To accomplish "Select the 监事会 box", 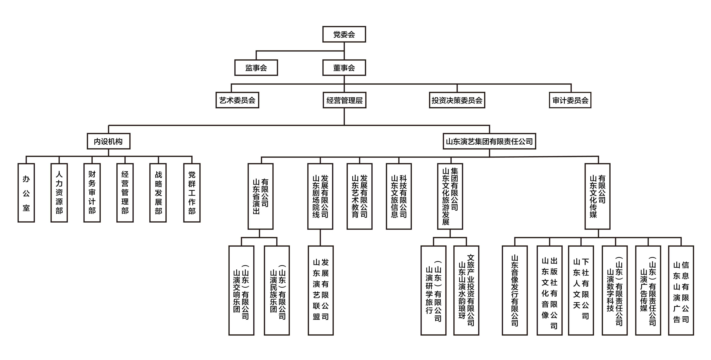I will click(256, 68).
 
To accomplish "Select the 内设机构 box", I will click(108, 141).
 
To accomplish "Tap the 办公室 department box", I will click(26, 193).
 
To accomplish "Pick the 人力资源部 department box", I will click(59, 193).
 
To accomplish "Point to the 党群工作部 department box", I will click(192, 193).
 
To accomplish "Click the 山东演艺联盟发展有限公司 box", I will click(321, 290).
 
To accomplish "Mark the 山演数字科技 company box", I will click(614, 290).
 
